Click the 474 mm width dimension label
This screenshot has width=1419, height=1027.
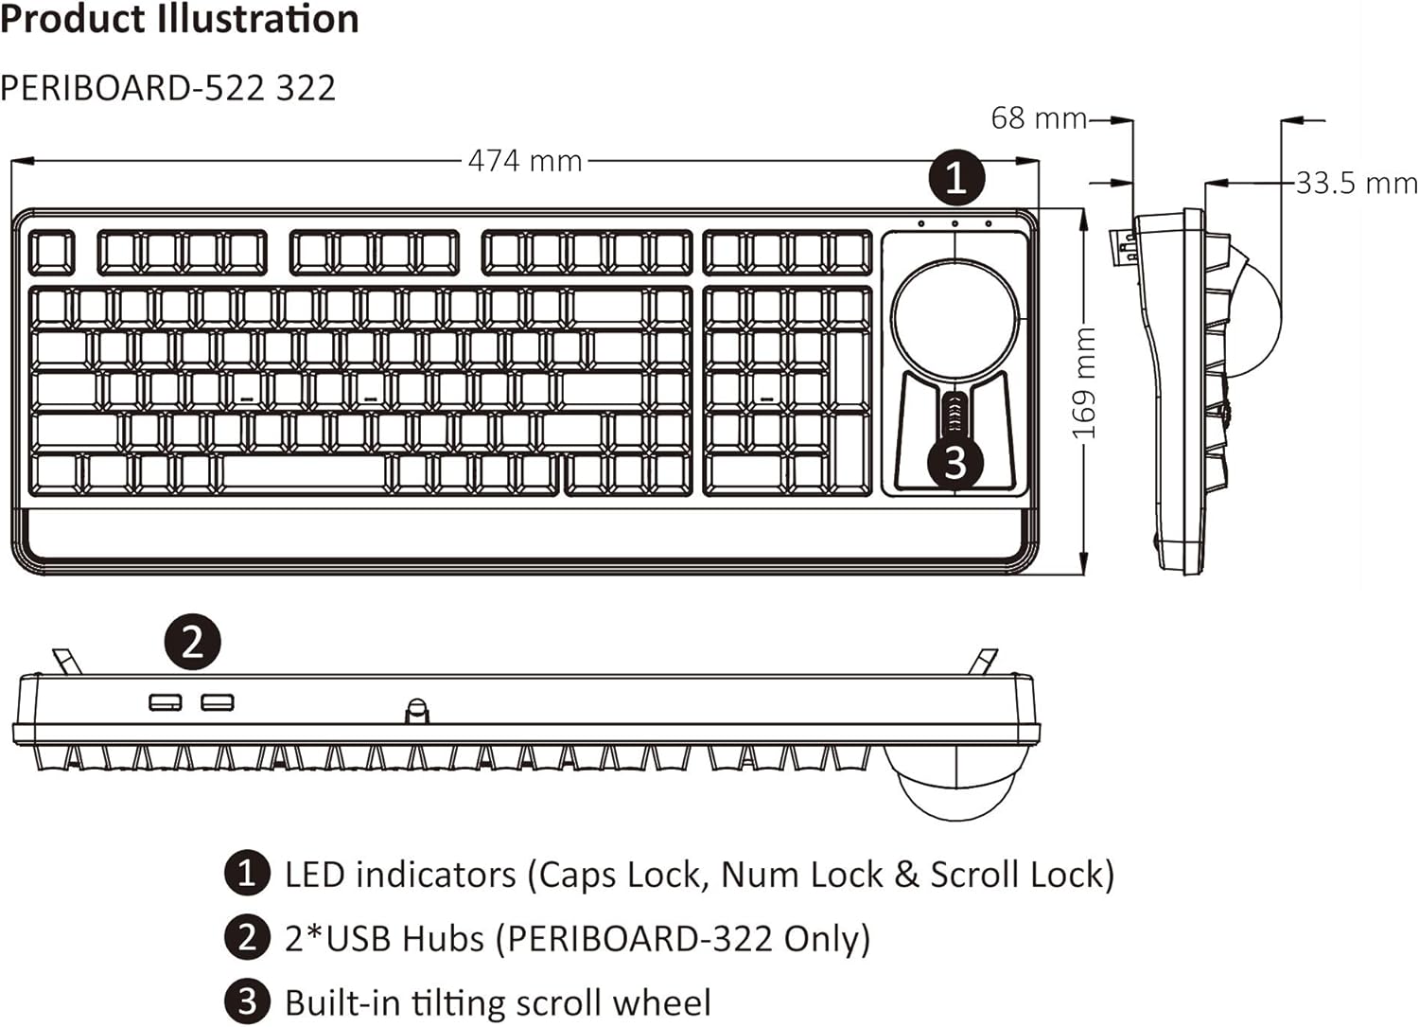point(525,161)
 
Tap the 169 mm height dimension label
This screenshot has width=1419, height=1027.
point(1084,383)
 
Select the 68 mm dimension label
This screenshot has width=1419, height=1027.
point(1039,118)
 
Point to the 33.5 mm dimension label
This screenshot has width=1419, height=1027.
point(1356,183)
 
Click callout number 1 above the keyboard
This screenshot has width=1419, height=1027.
point(956,177)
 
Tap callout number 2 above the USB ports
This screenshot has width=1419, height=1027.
point(193,642)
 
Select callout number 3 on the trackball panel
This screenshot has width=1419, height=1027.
point(955,463)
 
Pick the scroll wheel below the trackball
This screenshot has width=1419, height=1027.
point(955,414)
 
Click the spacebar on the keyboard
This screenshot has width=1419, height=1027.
point(305,472)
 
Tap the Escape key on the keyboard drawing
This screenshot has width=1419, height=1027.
point(51,253)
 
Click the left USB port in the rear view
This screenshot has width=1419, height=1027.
point(165,702)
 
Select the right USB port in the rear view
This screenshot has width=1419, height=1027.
point(218,702)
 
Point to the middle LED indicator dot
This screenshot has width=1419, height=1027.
point(955,224)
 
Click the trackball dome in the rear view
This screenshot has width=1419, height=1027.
point(955,781)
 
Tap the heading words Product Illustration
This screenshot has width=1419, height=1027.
point(180,19)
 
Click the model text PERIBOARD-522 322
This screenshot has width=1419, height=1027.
point(168,88)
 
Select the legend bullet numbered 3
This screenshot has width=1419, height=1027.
point(246,1002)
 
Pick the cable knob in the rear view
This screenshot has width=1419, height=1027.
point(416,710)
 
